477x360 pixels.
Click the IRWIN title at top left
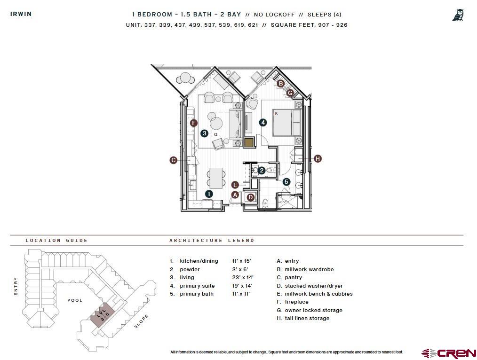coord(21,14)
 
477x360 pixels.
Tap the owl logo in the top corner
coord(458,15)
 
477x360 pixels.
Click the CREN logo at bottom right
coord(449,353)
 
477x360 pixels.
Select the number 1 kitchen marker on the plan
coord(209,194)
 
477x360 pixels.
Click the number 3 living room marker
coord(204,133)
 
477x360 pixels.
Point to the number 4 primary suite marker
coord(263,123)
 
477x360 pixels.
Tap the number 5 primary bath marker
coord(286,182)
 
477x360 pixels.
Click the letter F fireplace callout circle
coord(193,123)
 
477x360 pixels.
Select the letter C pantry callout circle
coord(173,160)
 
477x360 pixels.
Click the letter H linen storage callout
coord(318,159)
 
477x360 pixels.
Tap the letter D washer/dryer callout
coord(251,197)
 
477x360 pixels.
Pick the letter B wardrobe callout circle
coord(280,84)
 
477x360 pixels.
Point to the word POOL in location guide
coord(75,300)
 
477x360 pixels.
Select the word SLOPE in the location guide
coord(141,321)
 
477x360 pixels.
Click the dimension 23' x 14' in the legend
coord(242,277)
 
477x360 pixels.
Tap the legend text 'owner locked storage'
coord(313,310)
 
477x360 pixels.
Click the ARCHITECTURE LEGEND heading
coord(212,240)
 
